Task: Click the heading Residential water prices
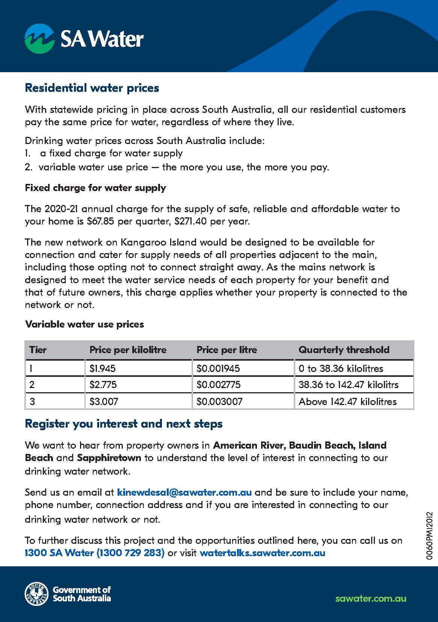92,88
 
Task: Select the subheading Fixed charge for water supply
95,188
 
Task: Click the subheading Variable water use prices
85,324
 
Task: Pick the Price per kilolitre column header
128,350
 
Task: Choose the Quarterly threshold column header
344,350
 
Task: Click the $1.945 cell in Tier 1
103,369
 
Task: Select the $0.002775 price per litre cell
219,385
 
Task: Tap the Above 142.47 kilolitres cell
347,402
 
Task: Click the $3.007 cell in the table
104,402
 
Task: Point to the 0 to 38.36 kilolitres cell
341,369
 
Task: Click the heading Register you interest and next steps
124,424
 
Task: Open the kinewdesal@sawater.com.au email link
184,492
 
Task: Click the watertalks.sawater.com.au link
263,553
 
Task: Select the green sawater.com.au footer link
370,598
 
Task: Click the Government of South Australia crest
36,594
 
